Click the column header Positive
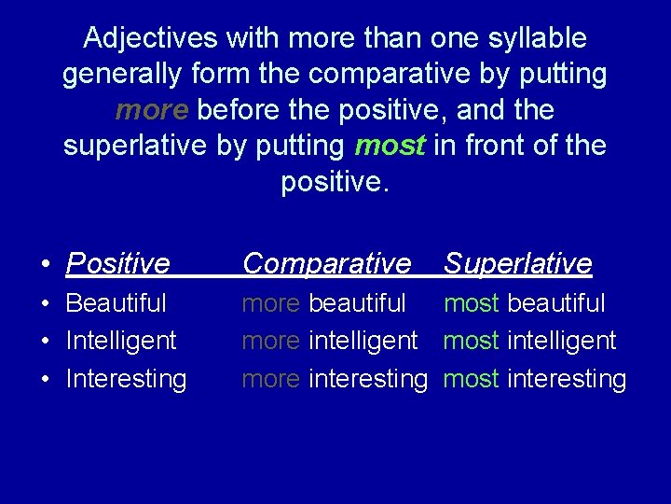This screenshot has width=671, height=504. coord(117,264)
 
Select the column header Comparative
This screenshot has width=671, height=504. coord(326,264)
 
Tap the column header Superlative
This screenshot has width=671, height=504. coord(517,264)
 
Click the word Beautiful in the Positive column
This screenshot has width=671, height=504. coord(116,303)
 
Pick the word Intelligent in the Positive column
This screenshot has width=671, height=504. coord(121,341)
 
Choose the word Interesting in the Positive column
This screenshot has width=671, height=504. coord(126,379)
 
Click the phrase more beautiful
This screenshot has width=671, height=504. coord(323,303)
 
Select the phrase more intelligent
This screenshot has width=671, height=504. coord(329,341)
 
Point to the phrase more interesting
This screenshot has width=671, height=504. coord(334,379)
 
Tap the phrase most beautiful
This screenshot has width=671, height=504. coord(524,303)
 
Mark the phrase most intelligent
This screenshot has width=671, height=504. coord(529,341)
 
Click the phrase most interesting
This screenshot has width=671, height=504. coord(534,379)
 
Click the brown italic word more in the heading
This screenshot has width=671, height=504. coord(152,111)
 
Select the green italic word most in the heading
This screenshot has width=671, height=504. coord(390,147)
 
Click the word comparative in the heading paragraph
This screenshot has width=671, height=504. coord(390,75)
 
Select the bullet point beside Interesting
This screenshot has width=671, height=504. coord(45,380)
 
